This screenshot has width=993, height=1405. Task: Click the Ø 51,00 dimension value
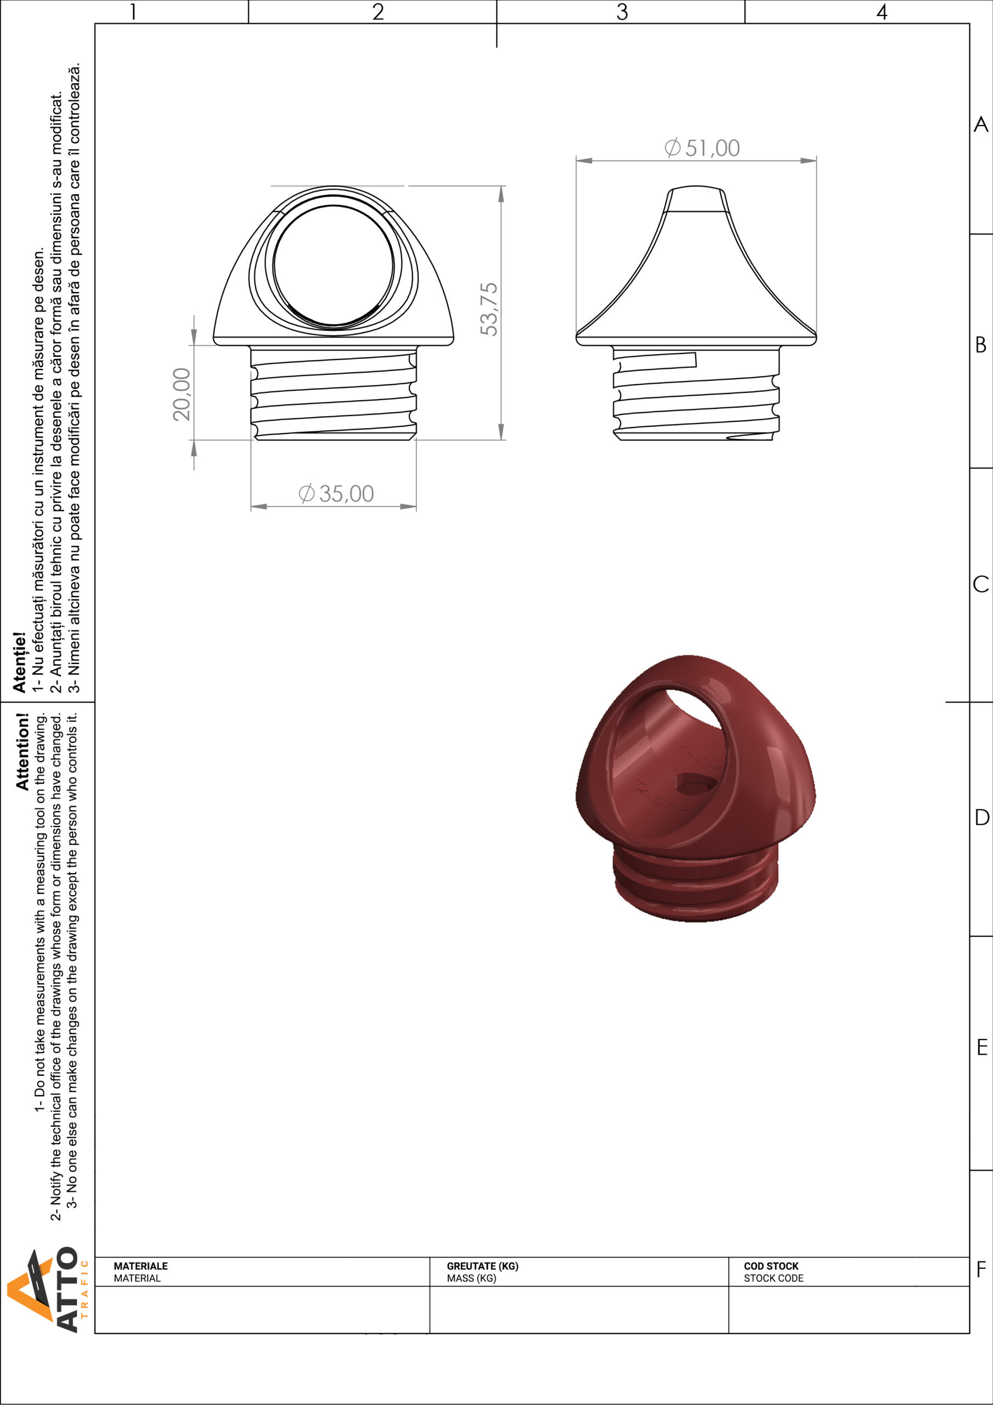[x=702, y=148]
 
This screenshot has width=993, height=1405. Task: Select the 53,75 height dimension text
[x=489, y=309]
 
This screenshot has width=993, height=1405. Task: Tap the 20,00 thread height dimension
[x=182, y=394]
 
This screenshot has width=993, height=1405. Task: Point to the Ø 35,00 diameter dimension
[x=336, y=493]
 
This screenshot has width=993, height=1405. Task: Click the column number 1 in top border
[x=133, y=12]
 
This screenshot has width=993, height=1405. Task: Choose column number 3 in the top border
[x=622, y=12]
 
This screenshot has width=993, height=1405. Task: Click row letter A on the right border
[x=981, y=124]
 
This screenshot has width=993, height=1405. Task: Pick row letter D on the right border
[x=981, y=817]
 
